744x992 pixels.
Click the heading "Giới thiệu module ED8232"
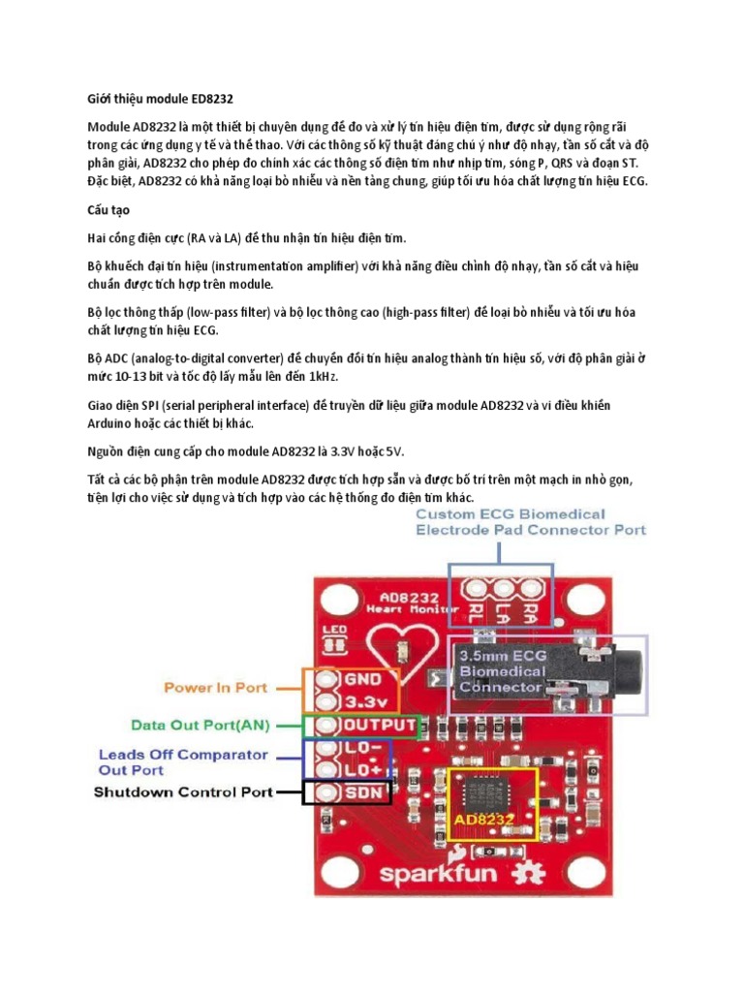160,99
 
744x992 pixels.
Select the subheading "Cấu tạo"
110,209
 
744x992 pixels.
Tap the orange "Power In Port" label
215,688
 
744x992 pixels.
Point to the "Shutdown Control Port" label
182,791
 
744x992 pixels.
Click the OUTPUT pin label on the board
380,725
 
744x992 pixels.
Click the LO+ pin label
363,770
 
